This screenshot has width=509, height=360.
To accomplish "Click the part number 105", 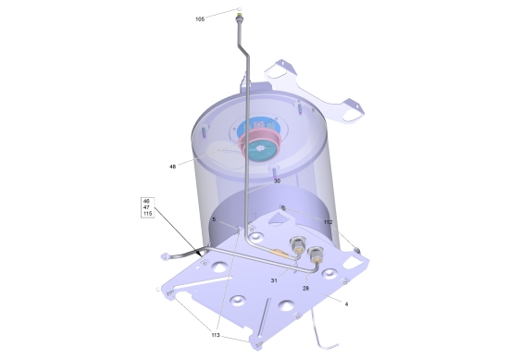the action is (200, 19).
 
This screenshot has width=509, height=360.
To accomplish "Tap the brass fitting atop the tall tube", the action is (240, 15).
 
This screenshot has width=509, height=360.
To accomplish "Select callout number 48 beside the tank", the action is (172, 167).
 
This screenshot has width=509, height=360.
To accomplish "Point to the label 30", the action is (277, 181).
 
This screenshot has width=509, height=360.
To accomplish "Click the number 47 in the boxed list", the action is (146, 207).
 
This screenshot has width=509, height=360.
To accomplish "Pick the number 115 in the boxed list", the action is (148, 214).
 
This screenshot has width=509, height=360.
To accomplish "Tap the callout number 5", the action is (214, 219).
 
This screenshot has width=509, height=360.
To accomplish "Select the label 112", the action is (329, 222).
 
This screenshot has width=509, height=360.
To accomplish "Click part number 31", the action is (274, 280).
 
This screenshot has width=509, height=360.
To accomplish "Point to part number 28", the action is (305, 288).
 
